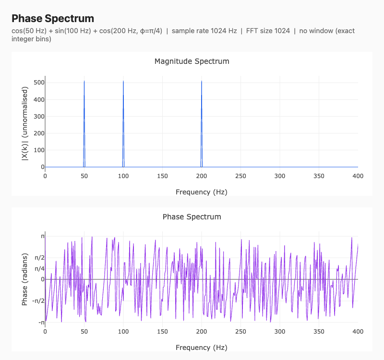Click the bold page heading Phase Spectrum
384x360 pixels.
[x=53, y=18]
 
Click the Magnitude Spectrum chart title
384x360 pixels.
[x=192, y=61]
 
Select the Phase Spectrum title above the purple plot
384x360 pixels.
[x=192, y=217]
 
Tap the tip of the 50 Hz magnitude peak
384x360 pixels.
[x=84, y=81]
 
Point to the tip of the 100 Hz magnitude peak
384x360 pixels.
[x=123, y=81]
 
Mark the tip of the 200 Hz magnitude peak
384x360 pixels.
[x=202, y=81]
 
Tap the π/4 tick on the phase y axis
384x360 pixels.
[x=39, y=268]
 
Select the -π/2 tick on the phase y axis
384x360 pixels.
[x=38, y=301]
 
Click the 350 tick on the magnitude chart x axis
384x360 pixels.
[x=319, y=176]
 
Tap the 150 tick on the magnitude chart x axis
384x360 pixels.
[x=162, y=176]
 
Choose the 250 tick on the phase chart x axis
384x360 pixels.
[x=240, y=331]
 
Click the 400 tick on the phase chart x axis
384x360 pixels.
[x=358, y=331]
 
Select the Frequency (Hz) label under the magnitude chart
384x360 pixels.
[x=201, y=192]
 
